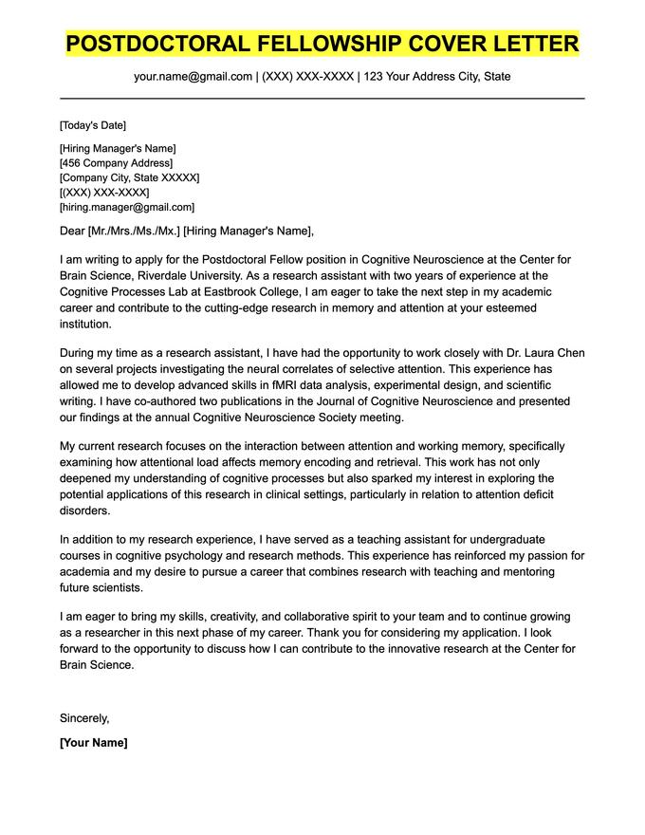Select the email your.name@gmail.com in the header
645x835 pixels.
click(x=193, y=76)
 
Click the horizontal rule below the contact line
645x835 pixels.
click(x=322, y=98)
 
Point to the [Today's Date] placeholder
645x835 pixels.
click(x=92, y=125)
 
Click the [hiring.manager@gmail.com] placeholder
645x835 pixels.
click(x=126, y=207)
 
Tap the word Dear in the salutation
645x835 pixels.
click(x=72, y=231)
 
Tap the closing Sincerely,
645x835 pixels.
click(x=84, y=718)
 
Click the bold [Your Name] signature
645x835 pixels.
click(x=93, y=743)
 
